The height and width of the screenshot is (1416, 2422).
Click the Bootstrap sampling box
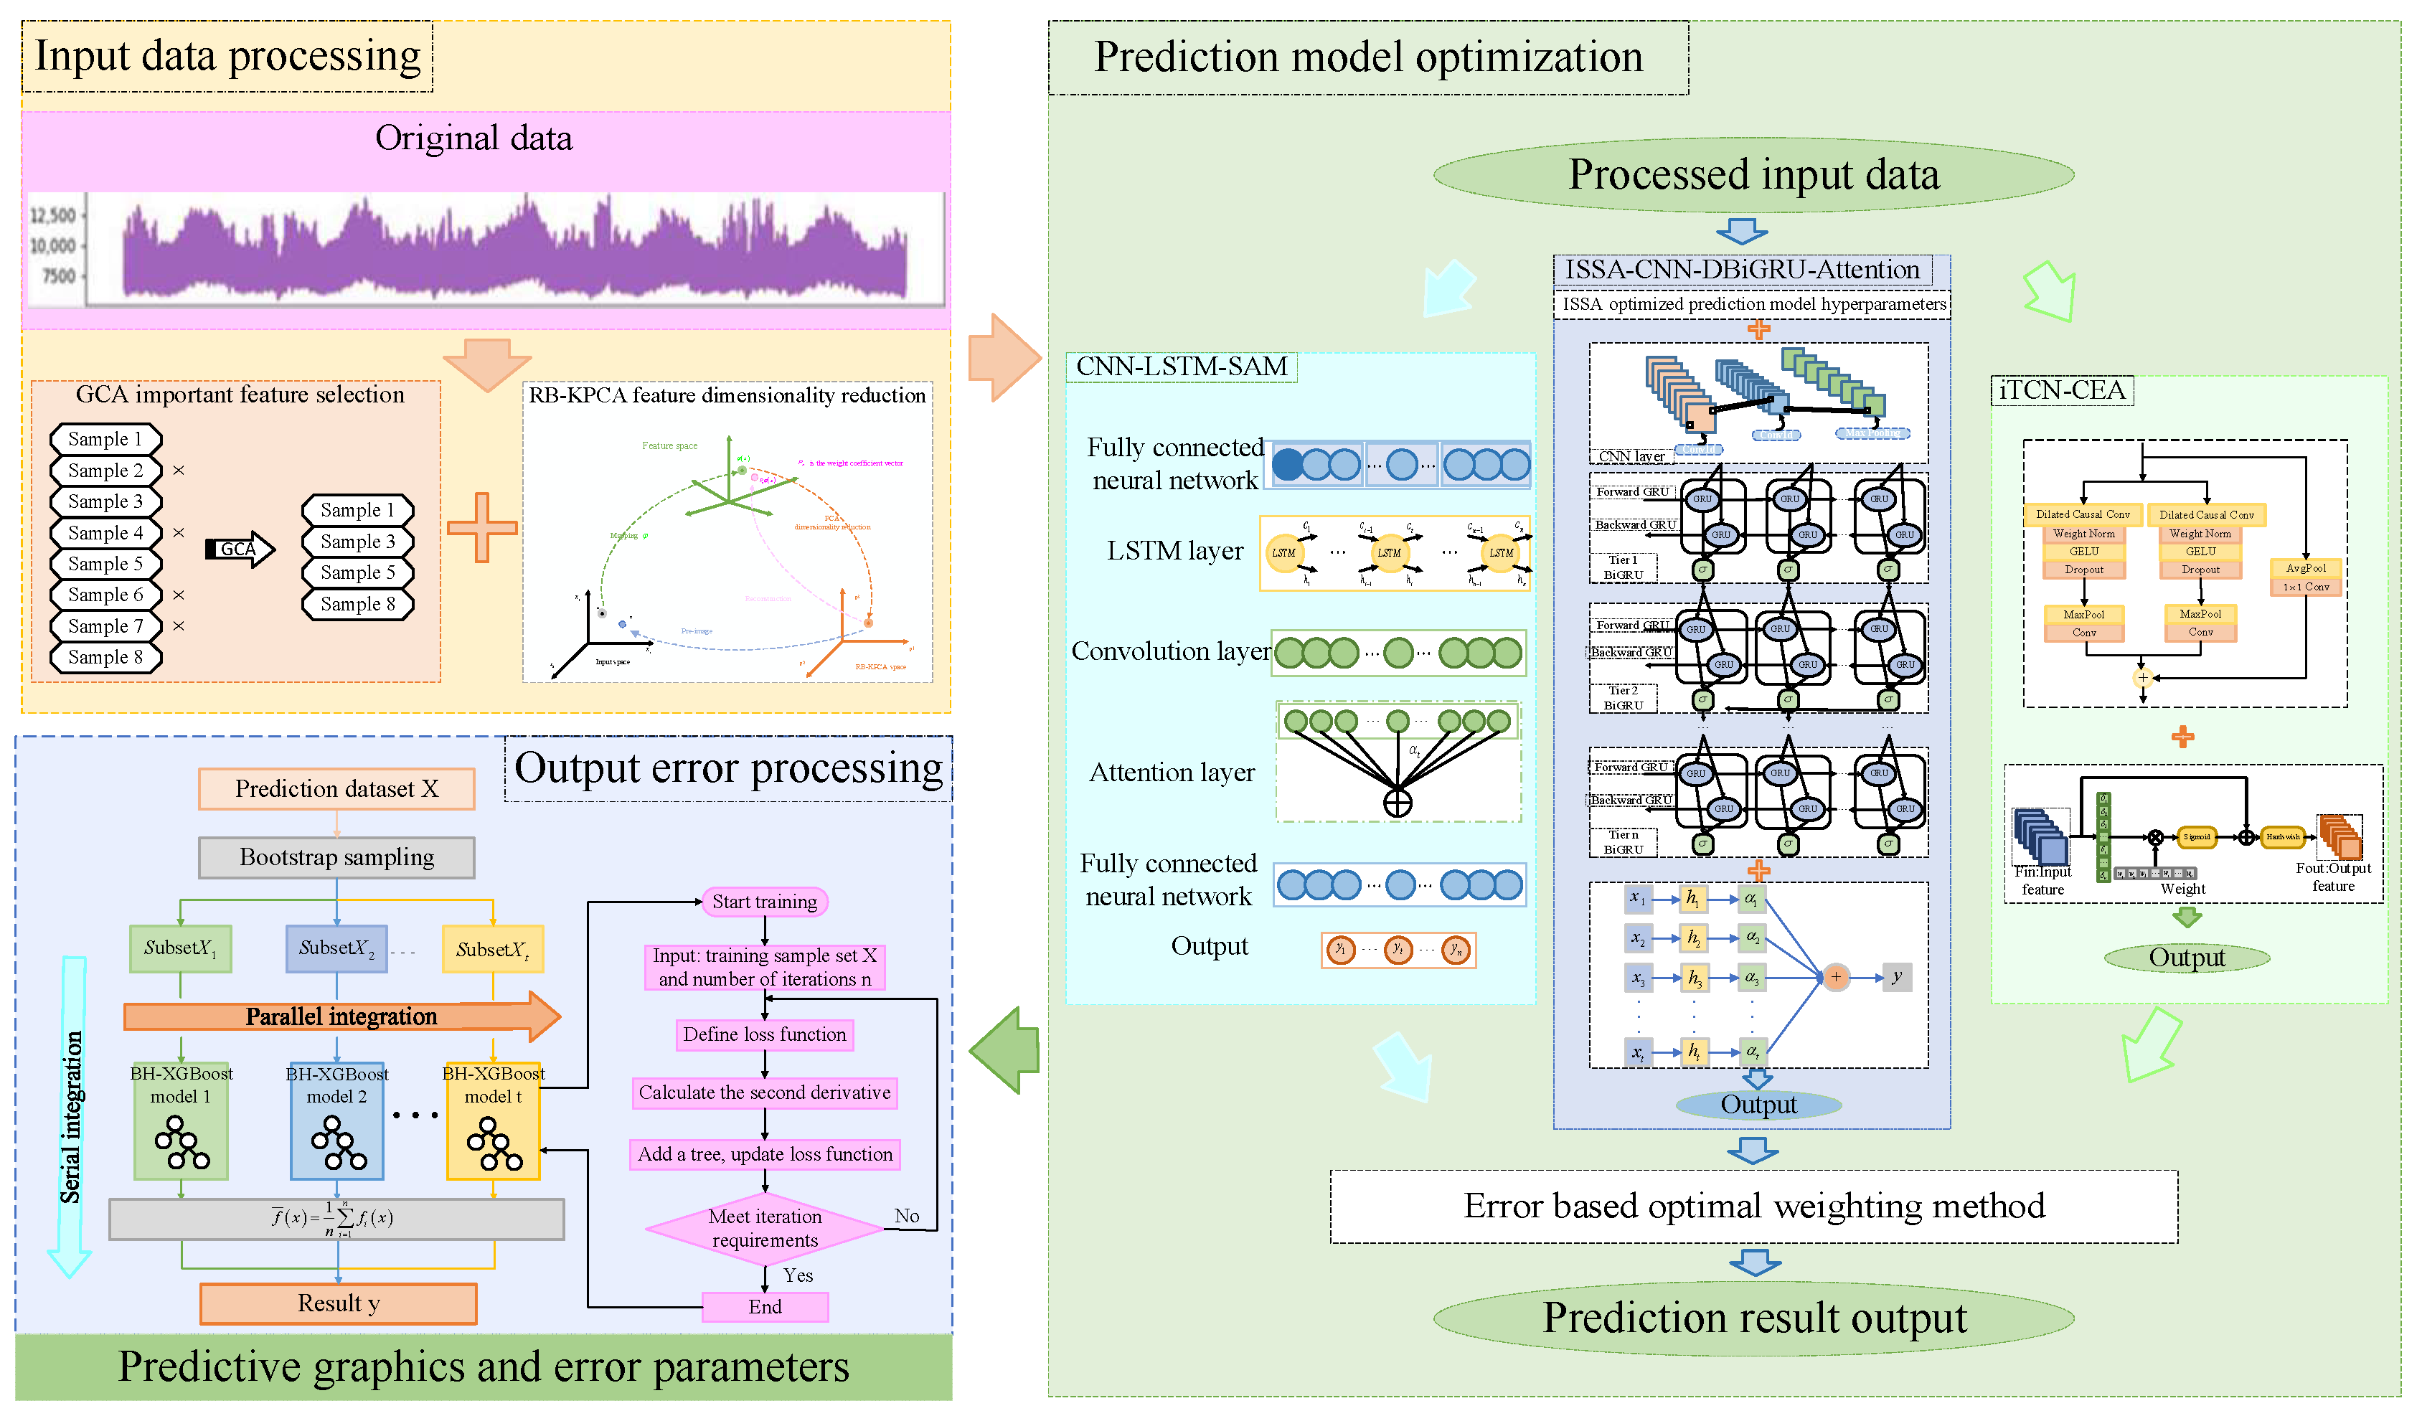[x=336, y=856]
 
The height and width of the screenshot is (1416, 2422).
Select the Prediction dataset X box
[x=336, y=788]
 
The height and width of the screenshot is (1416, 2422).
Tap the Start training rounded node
[x=765, y=902]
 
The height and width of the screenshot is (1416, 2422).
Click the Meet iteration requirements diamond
[x=765, y=1227]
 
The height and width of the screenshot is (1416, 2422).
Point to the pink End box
[x=765, y=1306]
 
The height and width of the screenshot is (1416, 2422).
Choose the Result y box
[x=339, y=1303]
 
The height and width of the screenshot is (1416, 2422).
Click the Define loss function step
[x=765, y=1034]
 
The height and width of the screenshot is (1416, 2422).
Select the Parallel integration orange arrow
[x=341, y=1016]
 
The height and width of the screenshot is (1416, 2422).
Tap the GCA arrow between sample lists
[x=240, y=549]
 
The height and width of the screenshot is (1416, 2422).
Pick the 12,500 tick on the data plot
[x=53, y=215]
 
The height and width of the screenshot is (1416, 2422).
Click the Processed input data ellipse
[x=1754, y=175]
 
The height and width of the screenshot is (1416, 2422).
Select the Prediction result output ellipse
[x=1754, y=1318]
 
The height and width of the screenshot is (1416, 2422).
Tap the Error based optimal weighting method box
[x=1754, y=1207]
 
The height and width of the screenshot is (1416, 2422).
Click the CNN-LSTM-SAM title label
[x=1181, y=367]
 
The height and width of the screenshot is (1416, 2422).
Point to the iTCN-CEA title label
[x=2062, y=390]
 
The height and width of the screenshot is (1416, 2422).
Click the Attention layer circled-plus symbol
[x=1398, y=802]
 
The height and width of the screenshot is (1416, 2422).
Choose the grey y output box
[x=1896, y=977]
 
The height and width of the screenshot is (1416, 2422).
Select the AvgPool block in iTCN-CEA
[x=2306, y=568]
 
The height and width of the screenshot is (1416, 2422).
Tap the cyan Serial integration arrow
[x=70, y=1115]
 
